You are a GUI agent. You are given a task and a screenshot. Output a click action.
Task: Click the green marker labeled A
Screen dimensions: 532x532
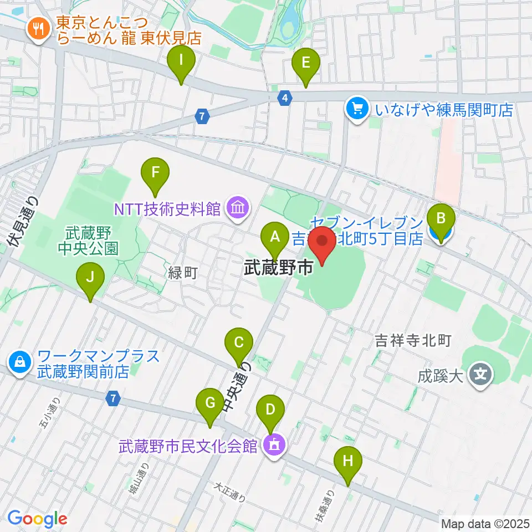pos(274,237)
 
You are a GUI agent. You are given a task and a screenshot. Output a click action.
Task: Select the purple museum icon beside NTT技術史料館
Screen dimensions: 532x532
pos(239,209)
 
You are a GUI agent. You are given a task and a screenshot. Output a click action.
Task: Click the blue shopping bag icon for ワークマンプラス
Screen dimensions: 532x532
pos(19,363)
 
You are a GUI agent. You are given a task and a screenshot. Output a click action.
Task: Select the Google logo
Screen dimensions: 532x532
pos(37,519)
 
